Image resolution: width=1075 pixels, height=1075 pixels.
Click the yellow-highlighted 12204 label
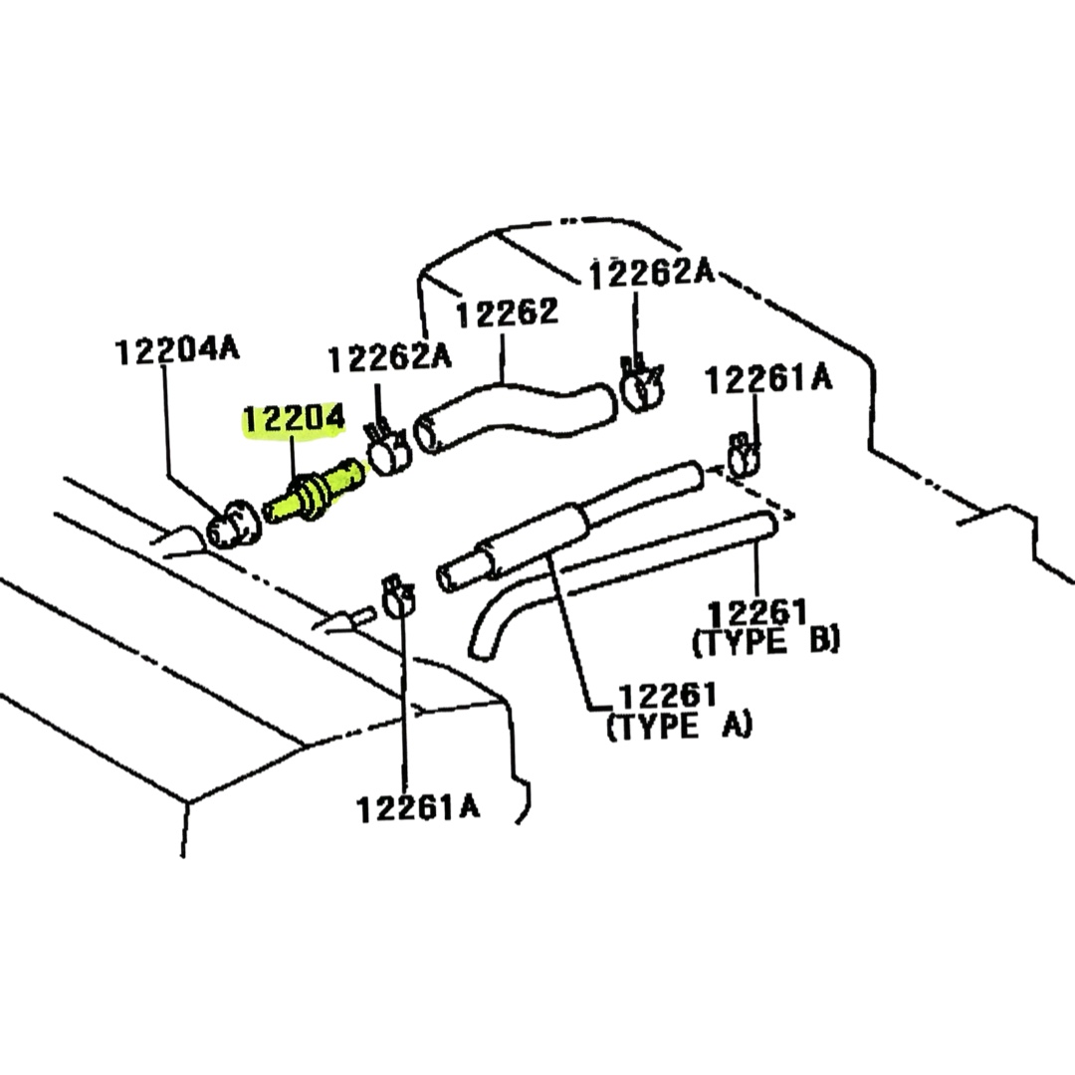(294, 421)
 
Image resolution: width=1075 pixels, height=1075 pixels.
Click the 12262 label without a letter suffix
(507, 314)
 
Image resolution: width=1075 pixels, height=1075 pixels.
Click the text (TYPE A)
(679, 726)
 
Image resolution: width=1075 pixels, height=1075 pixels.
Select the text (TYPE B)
(765, 641)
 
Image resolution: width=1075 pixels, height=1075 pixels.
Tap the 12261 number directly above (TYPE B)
(757, 611)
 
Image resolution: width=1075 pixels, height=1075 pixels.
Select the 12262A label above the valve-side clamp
(388, 357)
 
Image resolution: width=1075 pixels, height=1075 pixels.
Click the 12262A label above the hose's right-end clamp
(651, 272)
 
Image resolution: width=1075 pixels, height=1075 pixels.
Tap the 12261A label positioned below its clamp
(418, 807)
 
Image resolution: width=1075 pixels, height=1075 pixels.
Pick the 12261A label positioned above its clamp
(767, 379)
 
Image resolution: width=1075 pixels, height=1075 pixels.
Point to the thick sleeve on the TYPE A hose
(537, 537)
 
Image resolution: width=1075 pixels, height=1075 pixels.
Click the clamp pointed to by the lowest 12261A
(398, 596)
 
